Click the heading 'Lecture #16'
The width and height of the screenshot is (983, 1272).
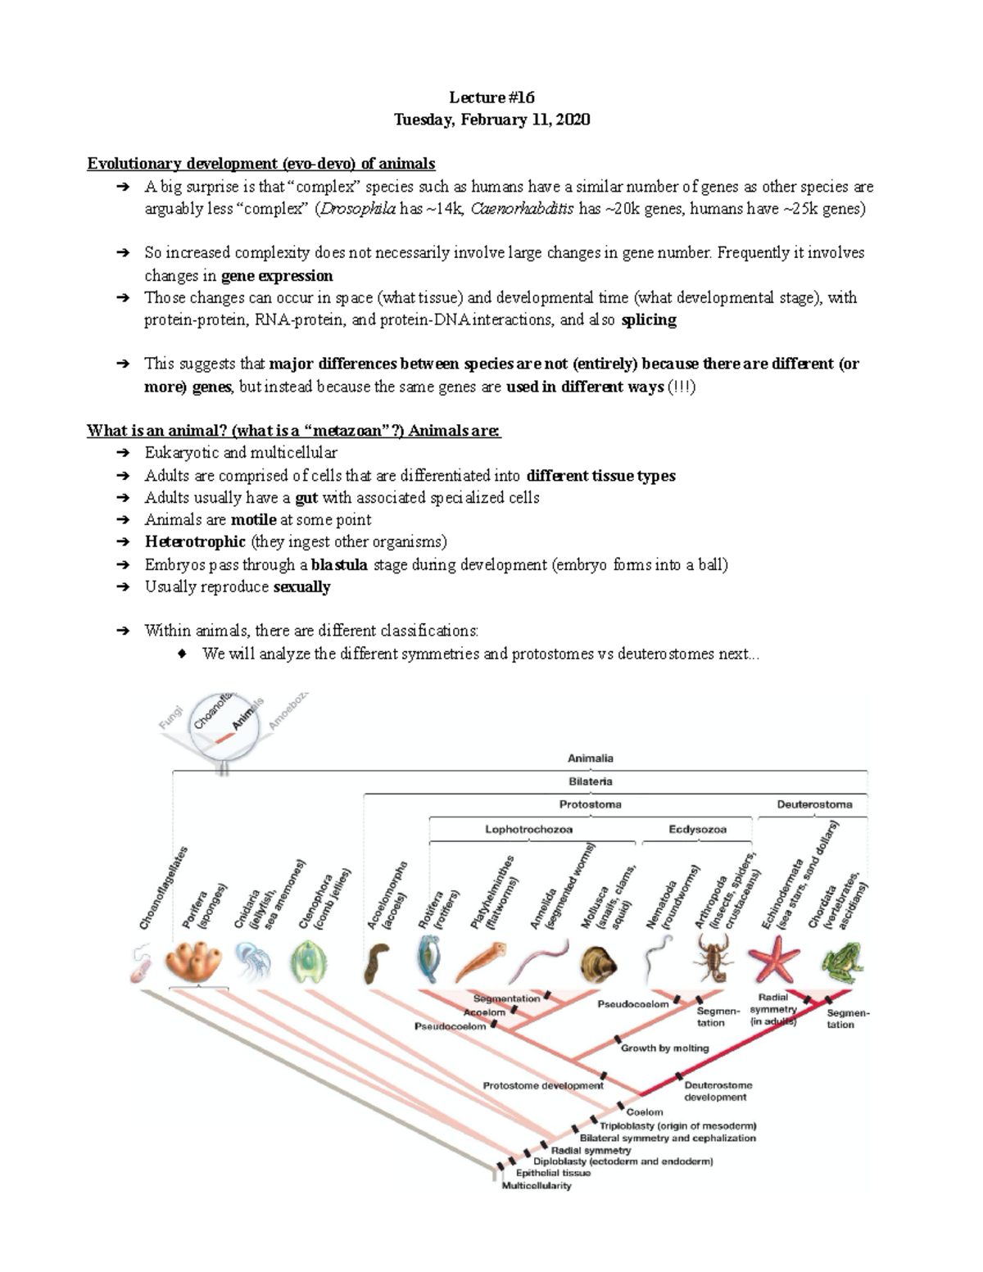click(491, 97)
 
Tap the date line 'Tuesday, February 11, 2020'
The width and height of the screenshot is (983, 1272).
click(491, 120)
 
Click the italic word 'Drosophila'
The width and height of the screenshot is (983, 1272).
click(357, 209)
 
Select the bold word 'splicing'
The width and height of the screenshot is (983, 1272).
click(649, 320)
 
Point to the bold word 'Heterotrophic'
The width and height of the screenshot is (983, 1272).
click(195, 542)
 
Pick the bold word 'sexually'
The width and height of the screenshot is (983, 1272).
click(301, 587)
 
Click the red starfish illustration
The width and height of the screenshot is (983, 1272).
click(773, 960)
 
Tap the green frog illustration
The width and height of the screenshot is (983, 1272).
click(839, 962)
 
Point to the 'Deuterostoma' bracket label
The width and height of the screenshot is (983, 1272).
click(814, 804)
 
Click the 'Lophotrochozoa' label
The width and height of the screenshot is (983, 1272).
click(528, 829)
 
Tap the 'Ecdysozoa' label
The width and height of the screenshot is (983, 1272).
click(697, 829)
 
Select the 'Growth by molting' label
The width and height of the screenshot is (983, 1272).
click(664, 1048)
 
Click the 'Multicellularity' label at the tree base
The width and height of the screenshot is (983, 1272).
click(537, 1186)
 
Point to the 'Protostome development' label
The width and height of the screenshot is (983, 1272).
click(542, 1085)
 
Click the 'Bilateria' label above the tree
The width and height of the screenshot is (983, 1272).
click(591, 781)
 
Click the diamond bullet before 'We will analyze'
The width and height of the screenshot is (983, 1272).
click(183, 654)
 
